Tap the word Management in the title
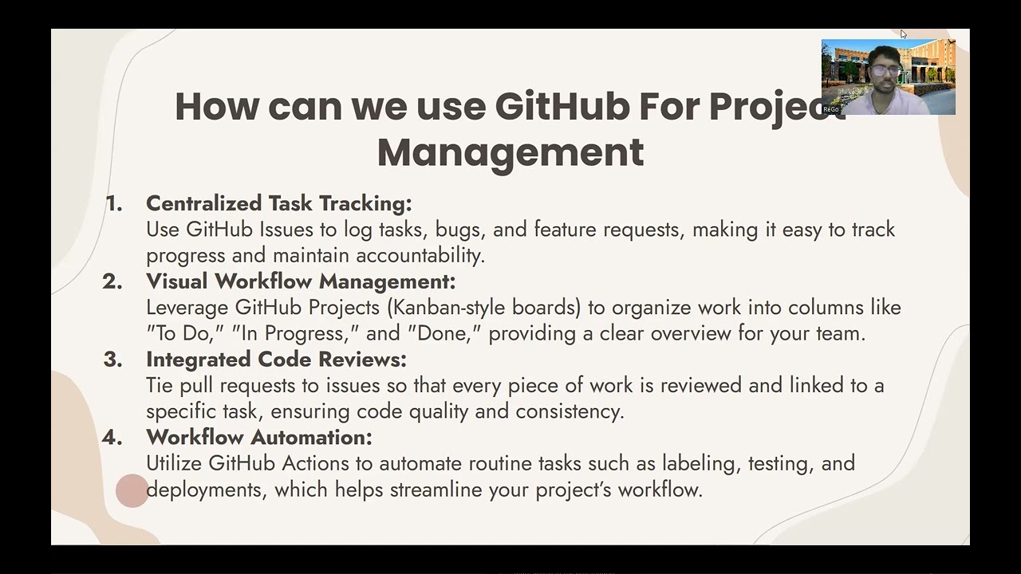click(510, 151)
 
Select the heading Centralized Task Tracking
click(278, 203)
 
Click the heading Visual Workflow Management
click(300, 281)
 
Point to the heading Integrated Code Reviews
click(276, 360)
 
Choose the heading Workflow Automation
click(258, 438)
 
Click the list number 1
click(114, 204)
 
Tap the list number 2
click(112, 281)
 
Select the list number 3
click(112, 360)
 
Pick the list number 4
click(112, 438)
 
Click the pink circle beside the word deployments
click(132, 490)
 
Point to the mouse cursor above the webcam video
click(903, 34)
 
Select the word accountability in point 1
click(420, 256)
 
